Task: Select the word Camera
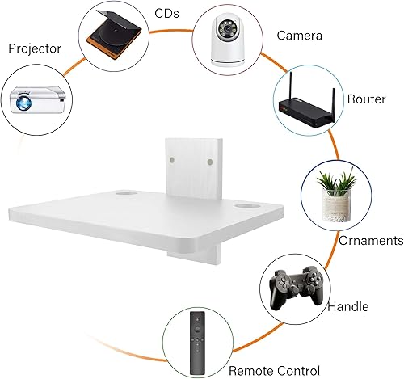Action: point(301,36)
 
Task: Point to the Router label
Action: point(366,99)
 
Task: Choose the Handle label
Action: point(348,307)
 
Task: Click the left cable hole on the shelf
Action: point(125,196)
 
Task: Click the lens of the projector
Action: point(24,103)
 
